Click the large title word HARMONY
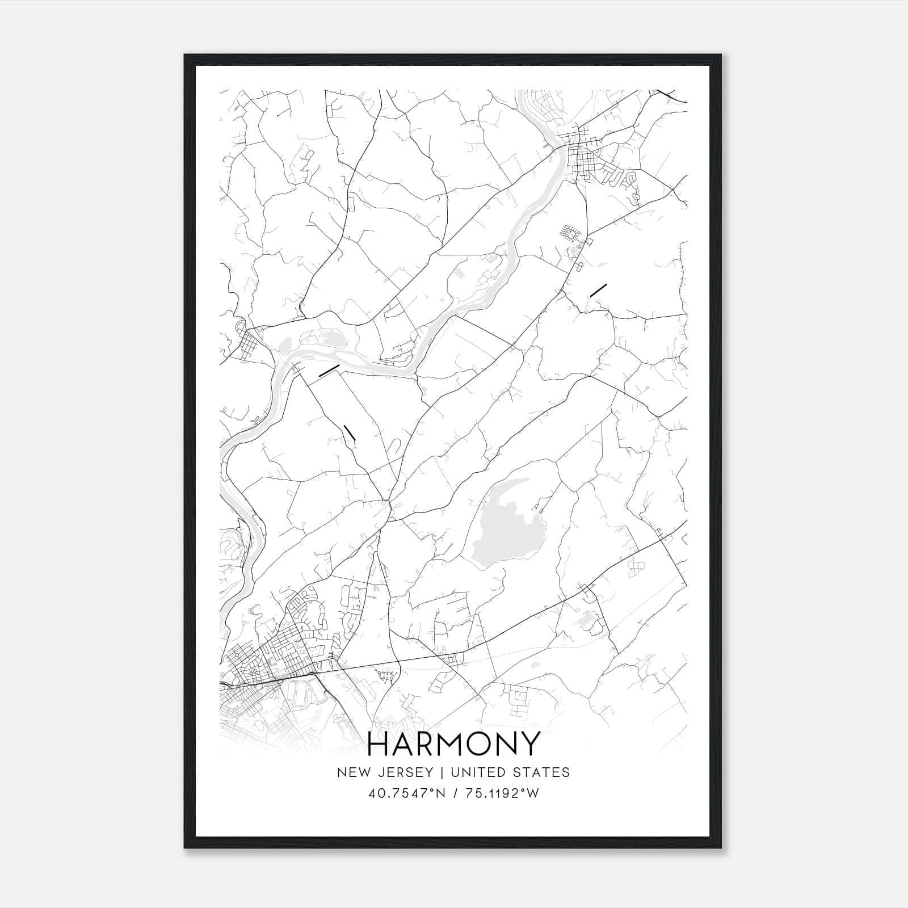(x=453, y=743)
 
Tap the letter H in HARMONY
(x=380, y=743)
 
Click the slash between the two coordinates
(x=453, y=793)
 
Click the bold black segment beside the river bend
(x=329, y=371)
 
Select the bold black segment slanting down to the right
(x=349, y=432)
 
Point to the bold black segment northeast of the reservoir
(x=598, y=289)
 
